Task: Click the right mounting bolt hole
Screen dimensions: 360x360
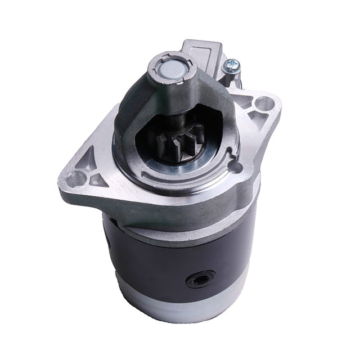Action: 263,104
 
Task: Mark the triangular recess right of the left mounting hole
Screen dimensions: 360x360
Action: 99,179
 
